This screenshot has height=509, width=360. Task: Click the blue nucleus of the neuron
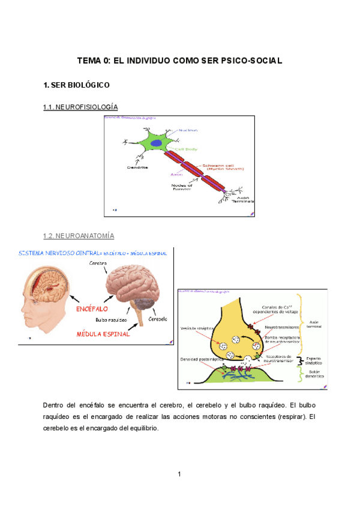pyautogui.click(x=156, y=143)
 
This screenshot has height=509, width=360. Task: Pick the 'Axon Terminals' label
pyautogui.click(x=242, y=200)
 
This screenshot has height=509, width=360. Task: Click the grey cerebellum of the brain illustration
pyautogui.click(x=144, y=305)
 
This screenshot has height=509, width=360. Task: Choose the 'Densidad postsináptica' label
pyautogui.click(x=199, y=360)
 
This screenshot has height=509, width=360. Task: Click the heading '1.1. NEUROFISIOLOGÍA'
pyautogui.click(x=80, y=107)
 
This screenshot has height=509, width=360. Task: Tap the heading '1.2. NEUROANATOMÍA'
pyautogui.click(x=79, y=236)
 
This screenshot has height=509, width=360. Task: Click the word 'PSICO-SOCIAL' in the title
pyautogui.click(x=253, y=61)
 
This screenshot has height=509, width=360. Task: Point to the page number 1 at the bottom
pyautogui.click(x=179, y=474)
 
